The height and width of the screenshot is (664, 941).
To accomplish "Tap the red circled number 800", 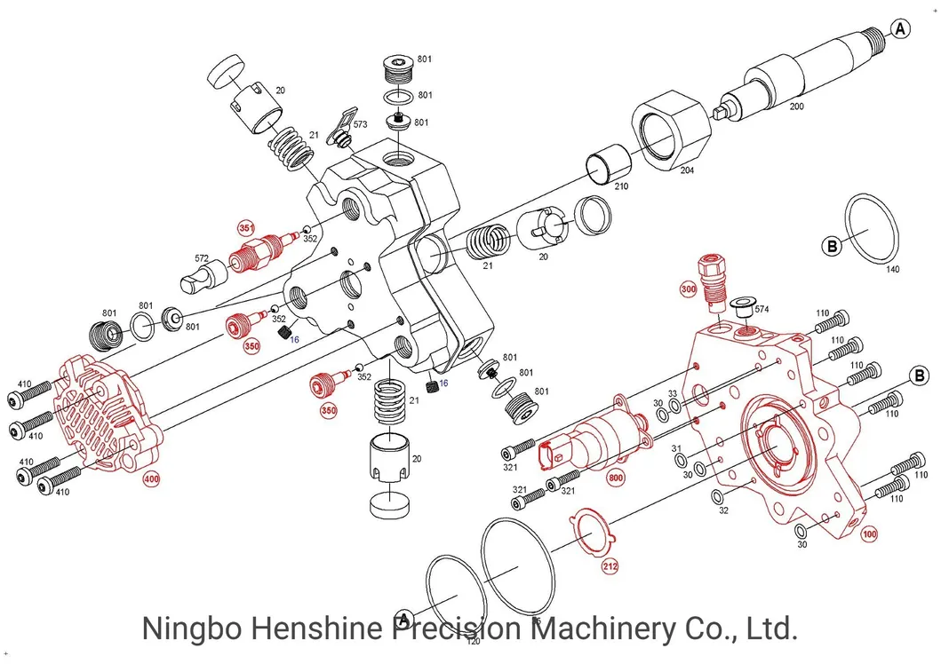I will pos(615,478).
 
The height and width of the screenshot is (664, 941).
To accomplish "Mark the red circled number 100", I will pos(868,534).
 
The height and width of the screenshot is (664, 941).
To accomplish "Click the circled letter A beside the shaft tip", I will pos(901,29).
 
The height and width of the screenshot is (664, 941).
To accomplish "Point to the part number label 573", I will pos(360,125).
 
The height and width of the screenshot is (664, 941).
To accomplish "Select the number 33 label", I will pos(672,393).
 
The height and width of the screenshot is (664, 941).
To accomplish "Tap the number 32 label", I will pos(723,510).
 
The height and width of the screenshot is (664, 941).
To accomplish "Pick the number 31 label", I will pos(675,448).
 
